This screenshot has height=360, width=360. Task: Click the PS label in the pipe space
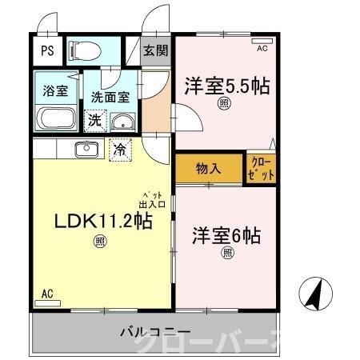[x=47, y=50]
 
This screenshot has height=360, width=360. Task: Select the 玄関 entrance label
[x=154, y=50]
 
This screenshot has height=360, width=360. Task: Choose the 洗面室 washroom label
[x=109, y=97]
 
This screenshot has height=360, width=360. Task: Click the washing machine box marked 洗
[x=94, y=121]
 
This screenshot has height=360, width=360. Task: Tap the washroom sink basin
[x=122, y=122]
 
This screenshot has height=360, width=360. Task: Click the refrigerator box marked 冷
[x=119, y=149]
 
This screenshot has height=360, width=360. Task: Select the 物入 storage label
[x=208, y=168]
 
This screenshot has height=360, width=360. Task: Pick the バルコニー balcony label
[x=155, y=331]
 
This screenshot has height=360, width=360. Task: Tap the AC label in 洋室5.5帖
[x=262, y=49]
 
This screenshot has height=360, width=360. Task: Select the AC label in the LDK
[x=47, y=293]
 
